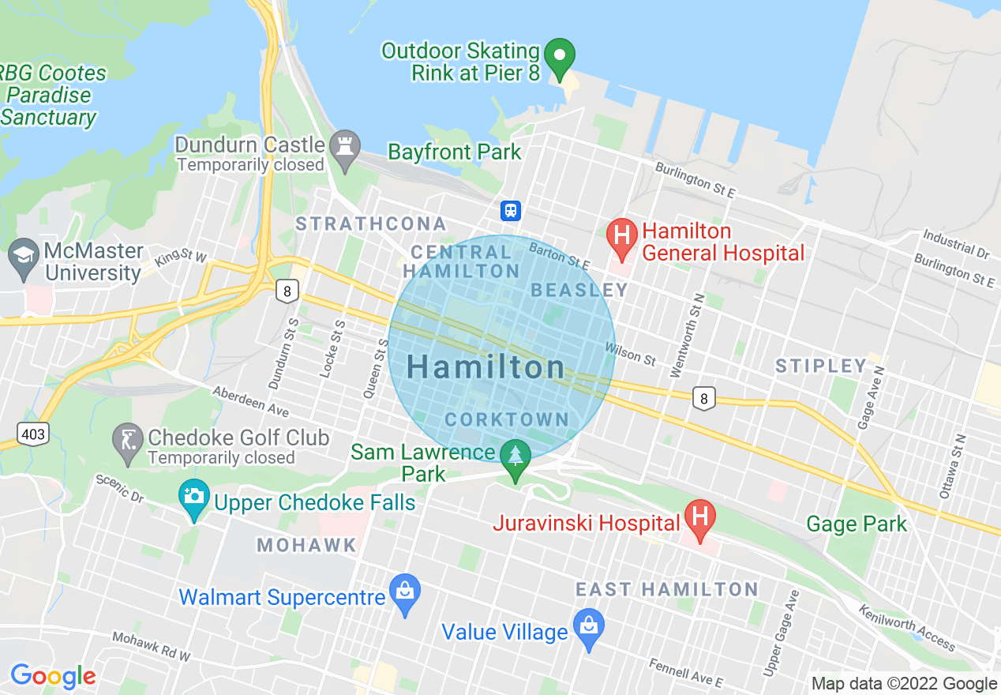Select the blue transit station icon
[x=511, y=211]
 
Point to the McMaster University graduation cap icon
[x=24, y=257]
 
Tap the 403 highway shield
[x=34, y=433]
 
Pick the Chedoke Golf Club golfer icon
[x=128, y=441]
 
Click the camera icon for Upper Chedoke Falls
[x=194, y=498]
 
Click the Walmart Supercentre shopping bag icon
[x=405, y=592]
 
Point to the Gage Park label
[x=857, y=524]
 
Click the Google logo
[x=53, y=676]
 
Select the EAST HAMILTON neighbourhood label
[x=667, y=589]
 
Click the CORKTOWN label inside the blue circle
[x=507, y=419]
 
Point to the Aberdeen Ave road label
[x=251, y=401]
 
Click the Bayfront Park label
[x=455, y=152]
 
